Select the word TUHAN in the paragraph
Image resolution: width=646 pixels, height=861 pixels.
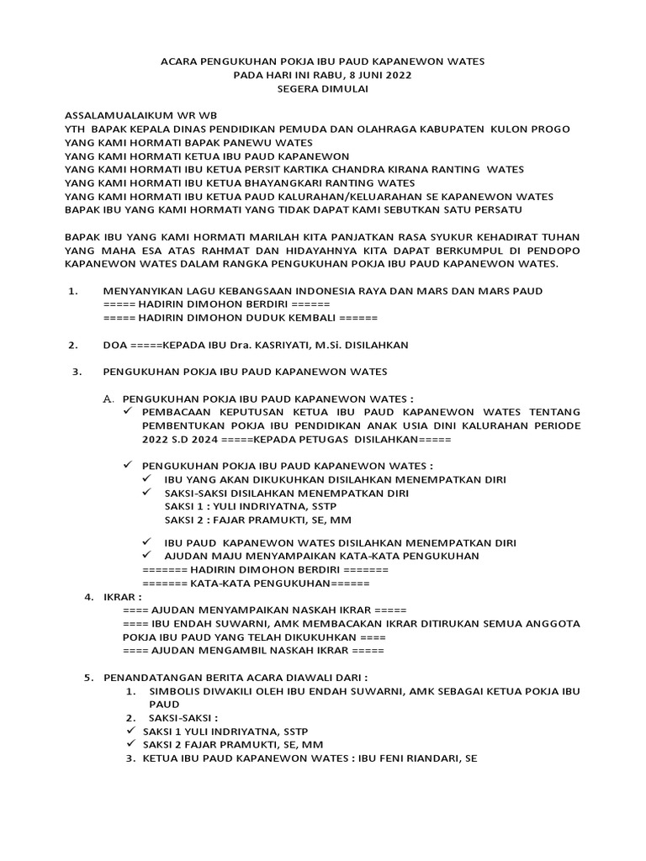[x=559, y=236]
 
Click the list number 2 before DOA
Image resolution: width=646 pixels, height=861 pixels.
[x=73, y=345]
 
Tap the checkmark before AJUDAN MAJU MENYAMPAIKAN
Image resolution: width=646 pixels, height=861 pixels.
[x=148, y=556]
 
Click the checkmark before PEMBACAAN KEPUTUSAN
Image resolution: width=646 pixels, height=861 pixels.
[x=128, y=412]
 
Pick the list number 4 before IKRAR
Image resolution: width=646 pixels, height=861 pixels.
[x=88, y=596]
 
